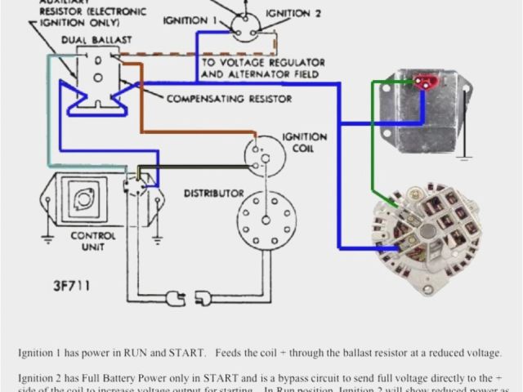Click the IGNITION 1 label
[x=190, y=19]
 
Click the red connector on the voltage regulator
[x=424, y=81]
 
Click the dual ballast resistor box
[x=98, y=77]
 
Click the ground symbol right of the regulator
[x=463, y=150]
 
